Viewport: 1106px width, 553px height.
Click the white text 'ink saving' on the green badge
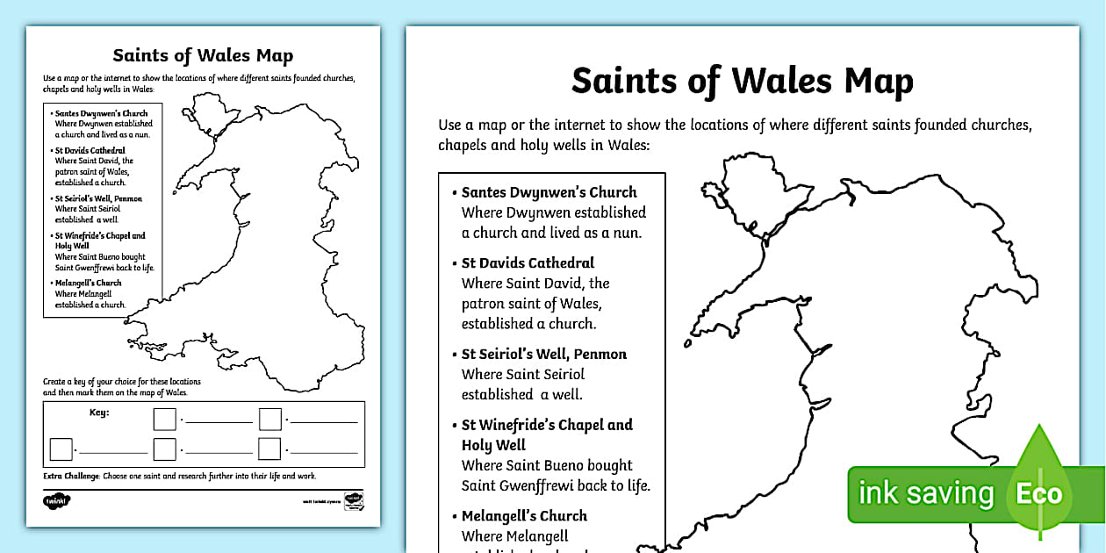click(926, 493)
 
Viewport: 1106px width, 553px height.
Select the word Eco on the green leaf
click(1039, 494)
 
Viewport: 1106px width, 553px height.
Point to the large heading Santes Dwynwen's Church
click(549, 192)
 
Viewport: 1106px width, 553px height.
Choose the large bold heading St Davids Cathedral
click(528, 262)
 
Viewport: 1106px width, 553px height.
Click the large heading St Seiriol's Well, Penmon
click(544, 354)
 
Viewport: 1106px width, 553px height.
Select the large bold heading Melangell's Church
click(524, 516)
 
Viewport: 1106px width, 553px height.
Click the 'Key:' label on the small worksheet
click(99, 412)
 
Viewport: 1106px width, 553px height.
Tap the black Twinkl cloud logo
click(56, 501)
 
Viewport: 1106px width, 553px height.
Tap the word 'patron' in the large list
click(483, 304)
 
